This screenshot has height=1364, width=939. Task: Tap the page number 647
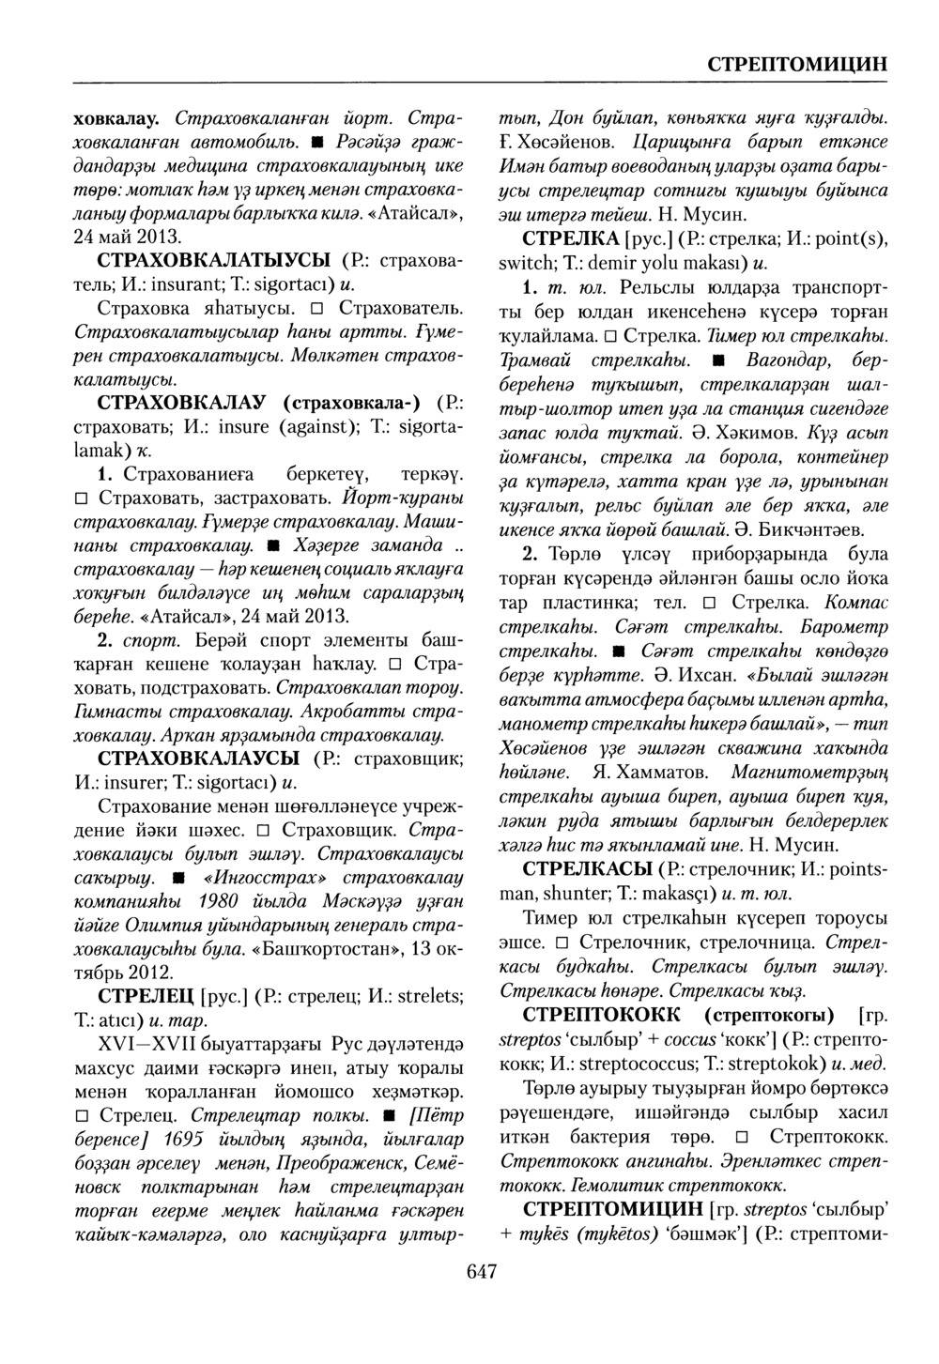pyautogui.click(x=481, y=1271)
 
